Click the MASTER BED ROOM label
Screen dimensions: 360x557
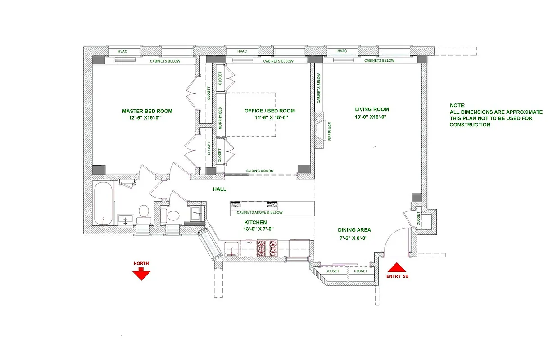pyautogui.click(x=147, y=111)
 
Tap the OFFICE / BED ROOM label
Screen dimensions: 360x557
pyautogui.click(x=269, y=111)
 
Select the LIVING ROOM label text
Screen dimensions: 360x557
pyautogui.click(x=371, y=109)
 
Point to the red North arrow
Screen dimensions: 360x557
pyautogui.click(x=141, y=272)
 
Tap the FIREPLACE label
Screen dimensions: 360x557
pyautogui.click(x=330, y=131)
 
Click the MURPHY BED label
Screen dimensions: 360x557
pyautogui.click(x=220, y=118)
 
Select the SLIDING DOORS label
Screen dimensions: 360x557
pyautogui.click(x=259, y=171)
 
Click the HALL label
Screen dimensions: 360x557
pyautogui.click(x=219, y=189)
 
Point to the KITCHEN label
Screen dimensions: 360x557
pyautogui.click(x=255, y=222)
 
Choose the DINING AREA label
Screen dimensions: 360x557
pyautogui.click(x=354, y=230)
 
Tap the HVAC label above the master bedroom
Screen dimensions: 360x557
pyautogui.click(x=122, y=51)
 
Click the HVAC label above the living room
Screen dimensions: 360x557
pyautogui.click(x=342, y=51)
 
